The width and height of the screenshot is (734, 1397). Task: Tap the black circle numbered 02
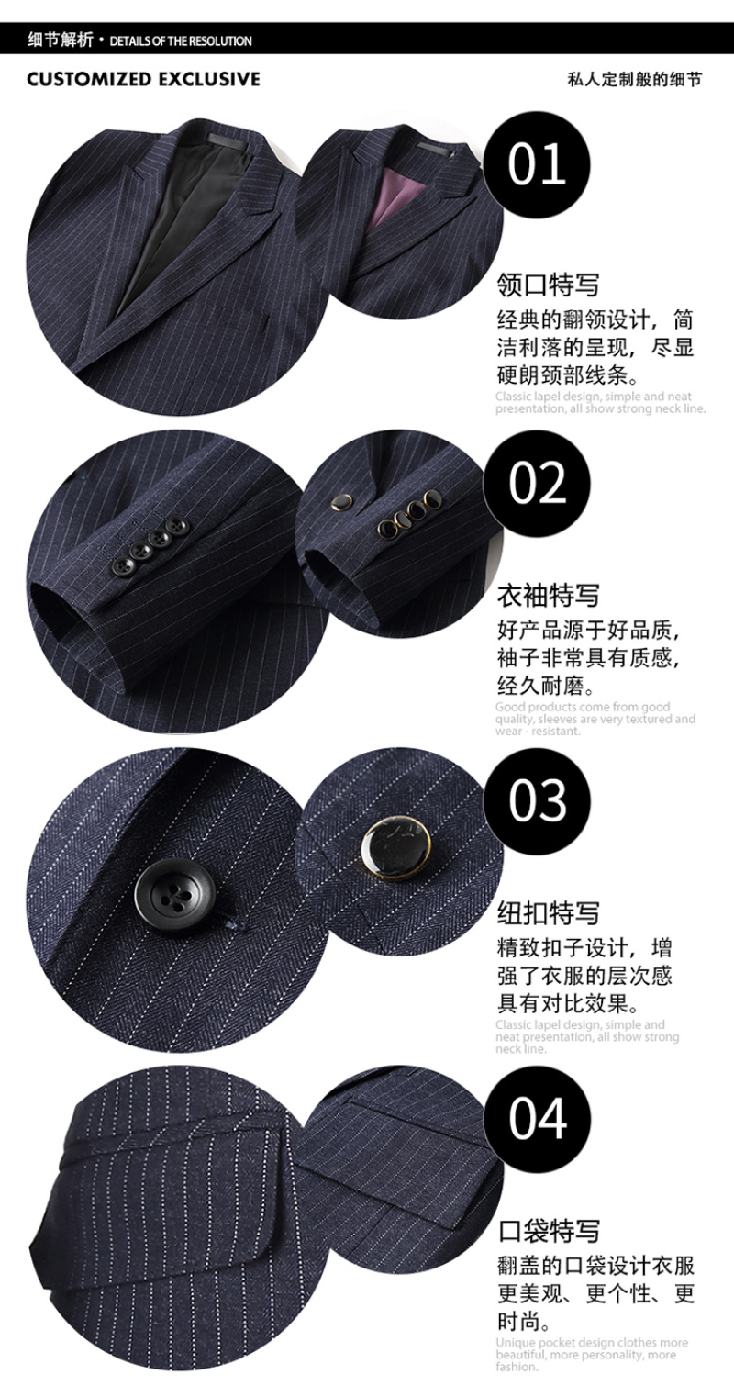[x=537, y=484]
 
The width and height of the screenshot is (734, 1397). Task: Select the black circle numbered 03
[x=537, y=800]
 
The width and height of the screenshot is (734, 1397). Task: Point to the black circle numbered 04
[x=537, y=1119]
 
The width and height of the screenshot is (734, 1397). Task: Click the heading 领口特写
[x=548, y=285]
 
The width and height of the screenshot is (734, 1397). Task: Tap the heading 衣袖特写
[x=548, y=596]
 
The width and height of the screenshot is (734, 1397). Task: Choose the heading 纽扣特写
[x=548, y=913]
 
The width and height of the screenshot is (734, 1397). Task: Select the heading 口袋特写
[x=549, y=1232]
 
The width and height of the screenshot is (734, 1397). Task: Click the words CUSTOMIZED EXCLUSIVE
[x=143, y=79]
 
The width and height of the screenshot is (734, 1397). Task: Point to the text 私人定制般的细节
[x=634, y=79]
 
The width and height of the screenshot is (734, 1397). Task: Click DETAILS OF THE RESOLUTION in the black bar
[x=181, y=41]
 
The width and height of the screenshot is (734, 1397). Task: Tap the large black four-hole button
[x=174, y=897]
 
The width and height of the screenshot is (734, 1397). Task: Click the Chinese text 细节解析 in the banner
[x=60, y=40]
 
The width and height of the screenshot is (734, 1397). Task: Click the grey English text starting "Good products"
[x=595, y=719]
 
